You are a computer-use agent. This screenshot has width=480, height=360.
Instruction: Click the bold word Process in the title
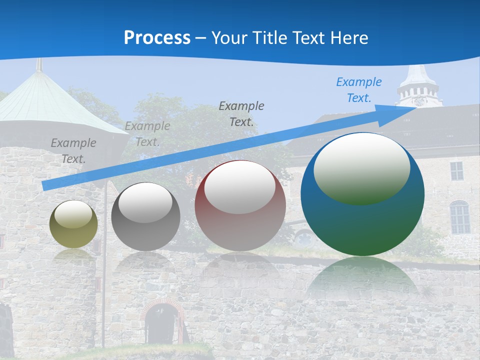coord(157,37)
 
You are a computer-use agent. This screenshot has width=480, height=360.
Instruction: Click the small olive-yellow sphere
coord(73,224)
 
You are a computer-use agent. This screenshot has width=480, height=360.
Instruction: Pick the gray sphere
coord(145,216)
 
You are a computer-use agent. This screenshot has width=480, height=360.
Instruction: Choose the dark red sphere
coord(240,205)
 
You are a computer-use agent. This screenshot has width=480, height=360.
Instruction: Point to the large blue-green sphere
coord(362,194)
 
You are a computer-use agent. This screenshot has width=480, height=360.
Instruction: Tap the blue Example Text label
coord(358,90)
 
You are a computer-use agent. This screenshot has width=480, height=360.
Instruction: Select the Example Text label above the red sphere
coord(241,113)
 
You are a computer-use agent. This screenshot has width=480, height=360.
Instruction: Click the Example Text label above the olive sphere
coord(73,150)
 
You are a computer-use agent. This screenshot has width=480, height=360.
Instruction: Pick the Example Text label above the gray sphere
coord(147,134)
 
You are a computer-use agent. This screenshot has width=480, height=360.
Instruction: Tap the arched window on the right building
coord(459,217)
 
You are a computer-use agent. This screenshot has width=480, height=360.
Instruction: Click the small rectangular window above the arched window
coord(456,171)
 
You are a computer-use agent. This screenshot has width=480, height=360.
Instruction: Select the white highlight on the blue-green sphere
coord(361,167)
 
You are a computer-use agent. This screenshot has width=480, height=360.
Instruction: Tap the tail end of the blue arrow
coord(44,186)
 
